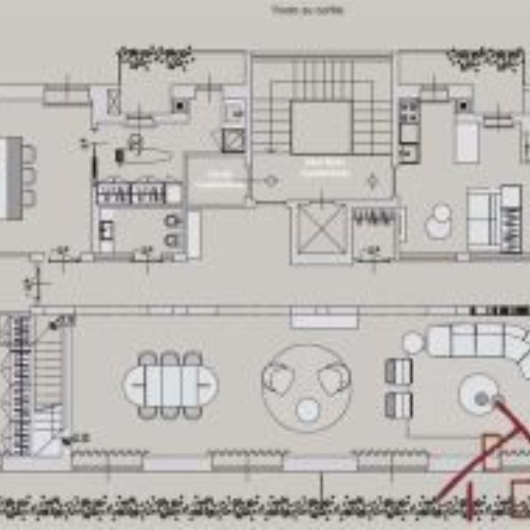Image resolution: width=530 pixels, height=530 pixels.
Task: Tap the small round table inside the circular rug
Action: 307,409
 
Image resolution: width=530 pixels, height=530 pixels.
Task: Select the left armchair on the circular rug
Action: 278,378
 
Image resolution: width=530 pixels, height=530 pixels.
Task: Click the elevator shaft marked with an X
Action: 322,230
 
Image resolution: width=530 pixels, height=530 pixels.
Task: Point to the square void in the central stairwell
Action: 321,127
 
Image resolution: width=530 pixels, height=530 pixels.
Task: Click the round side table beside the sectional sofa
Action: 413,343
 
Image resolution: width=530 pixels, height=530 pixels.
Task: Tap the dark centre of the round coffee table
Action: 482,398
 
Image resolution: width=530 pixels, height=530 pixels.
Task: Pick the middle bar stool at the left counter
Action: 29,176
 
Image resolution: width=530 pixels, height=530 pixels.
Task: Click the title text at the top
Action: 307,10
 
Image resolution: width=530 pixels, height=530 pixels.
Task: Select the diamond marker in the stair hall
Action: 372,181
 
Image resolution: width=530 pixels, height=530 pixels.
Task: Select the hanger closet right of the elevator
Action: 373,216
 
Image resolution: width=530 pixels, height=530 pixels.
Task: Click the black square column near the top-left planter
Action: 179,106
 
